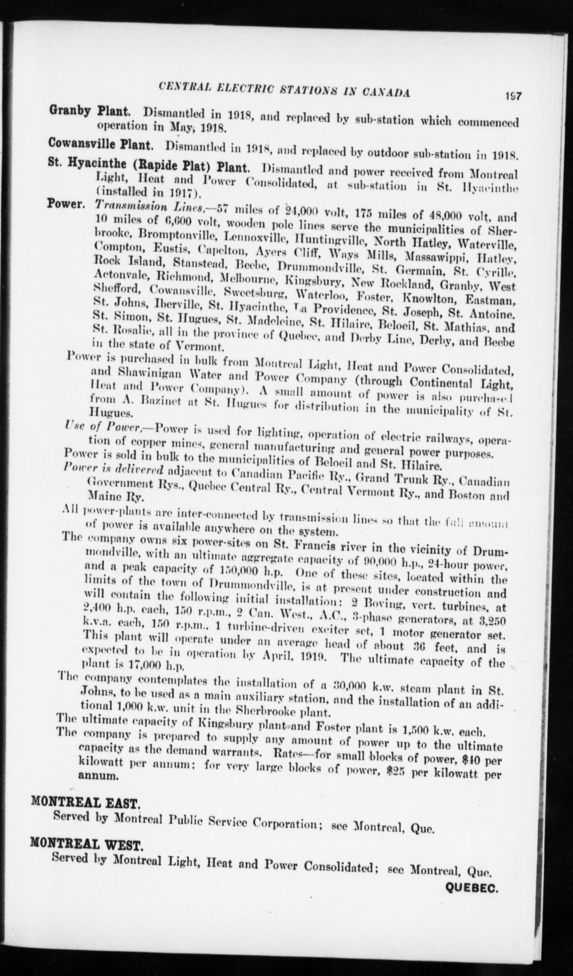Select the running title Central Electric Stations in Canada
(284, 88)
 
